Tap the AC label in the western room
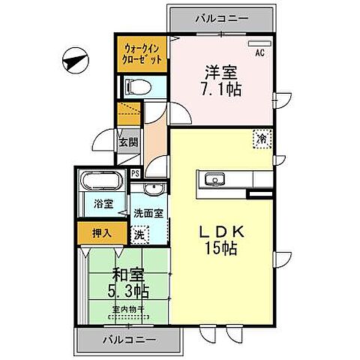coord(259,53)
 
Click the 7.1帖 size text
coord(220,88)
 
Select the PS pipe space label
coord(134,174)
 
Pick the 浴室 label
coord(103,203)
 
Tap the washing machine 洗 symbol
coord(139,234)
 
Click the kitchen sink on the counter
coord(212,180)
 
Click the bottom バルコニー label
coord(129,340)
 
